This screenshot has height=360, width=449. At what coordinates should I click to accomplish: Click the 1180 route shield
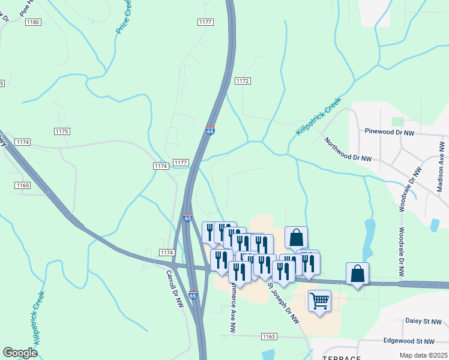[32, 22]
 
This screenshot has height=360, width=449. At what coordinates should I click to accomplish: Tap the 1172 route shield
[243, 81]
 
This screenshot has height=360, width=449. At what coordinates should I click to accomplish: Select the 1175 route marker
[62, 131]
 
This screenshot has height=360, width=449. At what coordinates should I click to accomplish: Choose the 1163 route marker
[269, 337]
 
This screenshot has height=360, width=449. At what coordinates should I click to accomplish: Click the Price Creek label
[124, 17]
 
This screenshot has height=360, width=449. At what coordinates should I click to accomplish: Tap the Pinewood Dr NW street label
[390, 131]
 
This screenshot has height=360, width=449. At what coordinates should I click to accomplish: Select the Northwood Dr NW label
[348, 149]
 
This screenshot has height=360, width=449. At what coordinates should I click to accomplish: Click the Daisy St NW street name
[424, 322]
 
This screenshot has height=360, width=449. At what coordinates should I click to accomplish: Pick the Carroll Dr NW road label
[174, 291]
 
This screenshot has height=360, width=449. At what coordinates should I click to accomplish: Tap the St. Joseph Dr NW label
[284, 302]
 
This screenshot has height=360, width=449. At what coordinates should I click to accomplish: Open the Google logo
[20, 352]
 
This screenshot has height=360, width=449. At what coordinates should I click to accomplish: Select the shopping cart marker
[319, 300]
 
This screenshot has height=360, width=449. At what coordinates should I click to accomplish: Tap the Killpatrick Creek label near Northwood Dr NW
[318, 116]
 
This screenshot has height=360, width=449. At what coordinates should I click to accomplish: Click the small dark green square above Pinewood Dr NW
[395, 122]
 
